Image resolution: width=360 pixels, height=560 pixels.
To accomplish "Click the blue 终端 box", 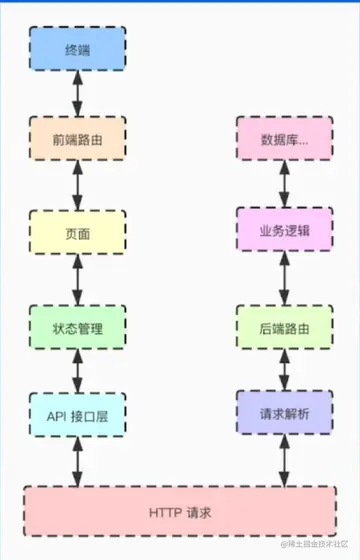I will point(77,48).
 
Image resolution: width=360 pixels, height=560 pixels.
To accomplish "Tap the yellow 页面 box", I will point(77,233).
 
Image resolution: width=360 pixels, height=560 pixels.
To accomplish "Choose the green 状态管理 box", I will point(77,326).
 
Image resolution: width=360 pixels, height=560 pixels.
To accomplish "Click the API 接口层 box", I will point(77,414).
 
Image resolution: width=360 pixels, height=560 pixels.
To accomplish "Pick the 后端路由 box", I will point(284,326).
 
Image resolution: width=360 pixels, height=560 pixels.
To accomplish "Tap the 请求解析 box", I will point(284,414).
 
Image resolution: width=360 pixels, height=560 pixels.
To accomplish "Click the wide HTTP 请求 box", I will point(180,511).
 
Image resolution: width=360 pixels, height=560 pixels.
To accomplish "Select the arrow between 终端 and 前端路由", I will point(77,94).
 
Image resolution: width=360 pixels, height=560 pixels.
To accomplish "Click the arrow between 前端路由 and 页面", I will point(77,186).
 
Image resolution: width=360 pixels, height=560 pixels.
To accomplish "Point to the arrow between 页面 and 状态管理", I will point(77,279).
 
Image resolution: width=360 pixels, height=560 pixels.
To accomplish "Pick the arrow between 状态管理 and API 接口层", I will point(77,370).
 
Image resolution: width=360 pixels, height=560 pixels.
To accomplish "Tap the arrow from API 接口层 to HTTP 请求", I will point(77,462).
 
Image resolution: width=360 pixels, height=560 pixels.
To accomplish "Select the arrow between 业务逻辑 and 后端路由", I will point(284,279).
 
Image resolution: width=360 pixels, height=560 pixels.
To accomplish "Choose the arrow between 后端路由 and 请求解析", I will point(284,370).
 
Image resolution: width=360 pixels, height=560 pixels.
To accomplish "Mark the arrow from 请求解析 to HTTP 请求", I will point(284,462).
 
